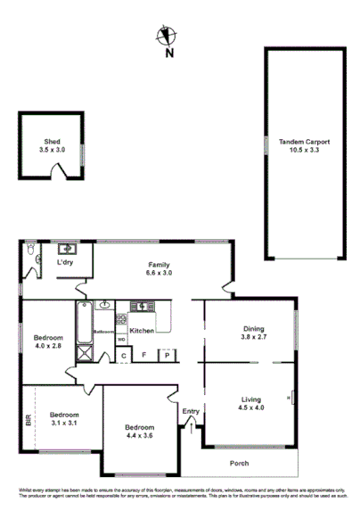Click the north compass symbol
(163, 37)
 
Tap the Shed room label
(53, 146)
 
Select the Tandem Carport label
(304, 145)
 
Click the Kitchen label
(142, 331)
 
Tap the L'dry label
(65, 264)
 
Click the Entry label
(191, 411)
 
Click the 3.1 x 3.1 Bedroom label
(64, 419)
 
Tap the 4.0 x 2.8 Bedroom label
(48, 341)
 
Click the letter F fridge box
(143, 356)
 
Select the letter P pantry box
(167, 356)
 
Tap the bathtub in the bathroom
(83, 324)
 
